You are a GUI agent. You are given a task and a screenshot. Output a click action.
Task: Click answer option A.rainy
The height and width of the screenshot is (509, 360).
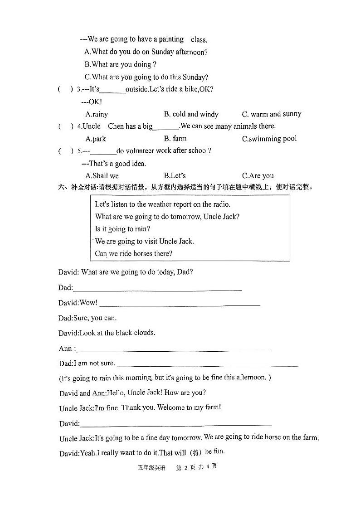[97, 114]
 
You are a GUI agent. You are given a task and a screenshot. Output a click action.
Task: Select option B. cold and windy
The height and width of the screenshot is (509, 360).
[191, 114]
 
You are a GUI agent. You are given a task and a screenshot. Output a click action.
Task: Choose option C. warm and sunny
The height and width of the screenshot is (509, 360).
[271, 114]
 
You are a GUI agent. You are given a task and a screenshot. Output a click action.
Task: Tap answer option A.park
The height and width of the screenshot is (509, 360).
[96, 139]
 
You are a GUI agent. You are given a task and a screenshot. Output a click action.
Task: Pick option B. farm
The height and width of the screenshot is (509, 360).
[175, 138]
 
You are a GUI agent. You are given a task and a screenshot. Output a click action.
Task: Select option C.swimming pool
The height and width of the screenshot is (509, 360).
[269, 138]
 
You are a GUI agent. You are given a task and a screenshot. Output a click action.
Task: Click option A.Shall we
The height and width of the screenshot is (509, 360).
[102, 175]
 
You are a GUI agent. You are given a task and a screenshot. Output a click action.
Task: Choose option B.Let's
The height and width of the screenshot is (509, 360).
[175, 175]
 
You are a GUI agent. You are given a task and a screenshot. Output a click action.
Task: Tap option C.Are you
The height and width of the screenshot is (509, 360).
[258, 175]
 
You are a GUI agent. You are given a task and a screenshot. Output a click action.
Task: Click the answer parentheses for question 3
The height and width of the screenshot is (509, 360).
[65, 89]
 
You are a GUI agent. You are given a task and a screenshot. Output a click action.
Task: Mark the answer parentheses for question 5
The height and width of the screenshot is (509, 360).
[65, 151]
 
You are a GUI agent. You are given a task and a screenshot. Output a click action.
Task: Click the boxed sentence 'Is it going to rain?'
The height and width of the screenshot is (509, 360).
[122, 229]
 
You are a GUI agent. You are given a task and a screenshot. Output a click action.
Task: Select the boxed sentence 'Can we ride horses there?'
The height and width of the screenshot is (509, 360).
[133, 253]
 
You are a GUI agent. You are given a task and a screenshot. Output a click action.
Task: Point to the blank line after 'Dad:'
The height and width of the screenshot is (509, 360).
[157, 288]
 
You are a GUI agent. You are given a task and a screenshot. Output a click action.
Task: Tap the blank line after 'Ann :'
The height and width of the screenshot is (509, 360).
[173, 349]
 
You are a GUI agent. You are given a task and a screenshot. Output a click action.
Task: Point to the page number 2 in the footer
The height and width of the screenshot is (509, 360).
[185, 467]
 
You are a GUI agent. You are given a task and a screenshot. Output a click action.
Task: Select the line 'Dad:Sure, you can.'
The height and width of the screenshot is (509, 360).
[88, 318]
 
